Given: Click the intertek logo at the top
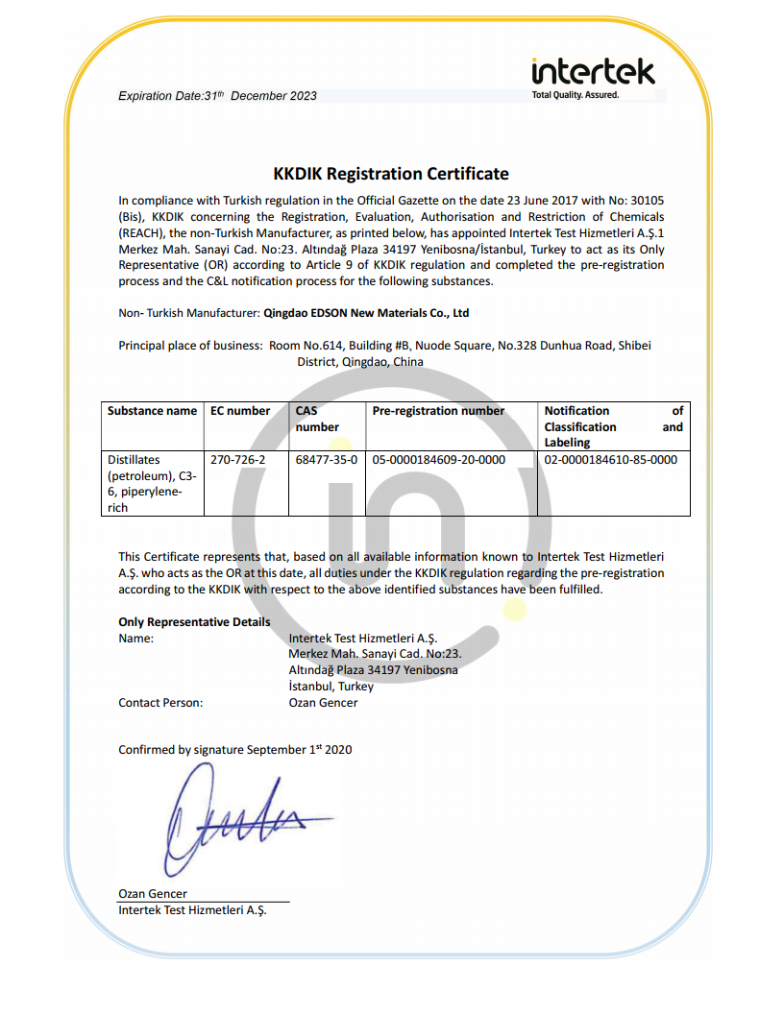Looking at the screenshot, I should [593, 72].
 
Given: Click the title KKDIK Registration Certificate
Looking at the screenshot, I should [391, 174].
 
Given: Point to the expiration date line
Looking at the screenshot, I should [217, 96].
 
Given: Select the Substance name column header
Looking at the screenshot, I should [152, 411].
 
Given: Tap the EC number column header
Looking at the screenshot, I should [240, 411].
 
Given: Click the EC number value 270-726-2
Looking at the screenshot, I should [238, 460].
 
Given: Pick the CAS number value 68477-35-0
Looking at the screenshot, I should [327, 460].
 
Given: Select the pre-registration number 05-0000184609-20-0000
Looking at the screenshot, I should [438, 460].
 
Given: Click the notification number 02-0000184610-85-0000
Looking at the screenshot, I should [610, 460].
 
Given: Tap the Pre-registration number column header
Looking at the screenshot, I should [438, 411].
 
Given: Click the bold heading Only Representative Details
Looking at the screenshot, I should [194, 622].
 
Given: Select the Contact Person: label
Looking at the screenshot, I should [160, 703].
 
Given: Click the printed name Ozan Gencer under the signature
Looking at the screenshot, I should [153, 894].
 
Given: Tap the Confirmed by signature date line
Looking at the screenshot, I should [234, 750].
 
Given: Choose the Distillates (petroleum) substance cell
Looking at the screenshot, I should [145, 484].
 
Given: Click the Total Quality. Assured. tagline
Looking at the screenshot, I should [576, 95].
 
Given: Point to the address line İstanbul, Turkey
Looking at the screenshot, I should [331, 687].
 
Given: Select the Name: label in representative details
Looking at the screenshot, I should [135, 638].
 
